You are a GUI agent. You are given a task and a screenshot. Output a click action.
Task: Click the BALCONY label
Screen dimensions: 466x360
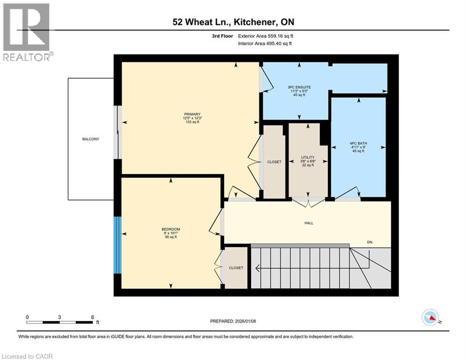coord(91,139)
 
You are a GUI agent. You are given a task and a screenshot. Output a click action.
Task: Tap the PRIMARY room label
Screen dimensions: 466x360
coord(192,114)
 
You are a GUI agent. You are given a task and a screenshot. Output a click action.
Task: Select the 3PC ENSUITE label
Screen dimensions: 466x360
coord(299,87)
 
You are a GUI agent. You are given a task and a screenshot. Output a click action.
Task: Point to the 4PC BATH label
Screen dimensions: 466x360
coord(358,143)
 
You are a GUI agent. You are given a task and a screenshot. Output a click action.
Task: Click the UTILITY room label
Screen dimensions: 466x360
coord(308,157)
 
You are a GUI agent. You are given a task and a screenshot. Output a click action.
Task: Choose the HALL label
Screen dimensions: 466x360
coord(309,223)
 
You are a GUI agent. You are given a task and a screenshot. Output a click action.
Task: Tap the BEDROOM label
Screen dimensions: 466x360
coord(171,229)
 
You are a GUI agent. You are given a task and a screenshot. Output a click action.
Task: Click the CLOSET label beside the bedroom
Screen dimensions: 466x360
coord(236,268)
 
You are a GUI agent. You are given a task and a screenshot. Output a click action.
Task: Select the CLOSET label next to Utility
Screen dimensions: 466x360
coord(274,162)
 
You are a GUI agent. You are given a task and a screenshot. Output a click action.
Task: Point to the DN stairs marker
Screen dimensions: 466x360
coord(370,242)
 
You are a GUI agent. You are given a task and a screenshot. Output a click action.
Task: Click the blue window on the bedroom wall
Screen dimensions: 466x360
coord(118,245)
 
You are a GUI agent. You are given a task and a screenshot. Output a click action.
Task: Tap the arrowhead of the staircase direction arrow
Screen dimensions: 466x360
coord(258,269)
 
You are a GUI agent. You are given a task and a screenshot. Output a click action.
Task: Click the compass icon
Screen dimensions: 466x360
coord(430,317)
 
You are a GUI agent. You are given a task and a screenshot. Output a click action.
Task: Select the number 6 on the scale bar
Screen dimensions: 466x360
coord(92,317)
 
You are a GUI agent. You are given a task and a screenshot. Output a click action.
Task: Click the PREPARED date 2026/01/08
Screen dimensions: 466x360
coord(245,321)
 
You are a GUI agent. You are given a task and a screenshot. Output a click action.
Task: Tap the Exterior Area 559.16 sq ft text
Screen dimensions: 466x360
coord(266,36)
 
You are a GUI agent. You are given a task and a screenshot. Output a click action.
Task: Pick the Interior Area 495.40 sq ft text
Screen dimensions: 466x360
coord(265,44)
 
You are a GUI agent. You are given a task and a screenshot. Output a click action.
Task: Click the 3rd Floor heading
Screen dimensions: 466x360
coord(222,36)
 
